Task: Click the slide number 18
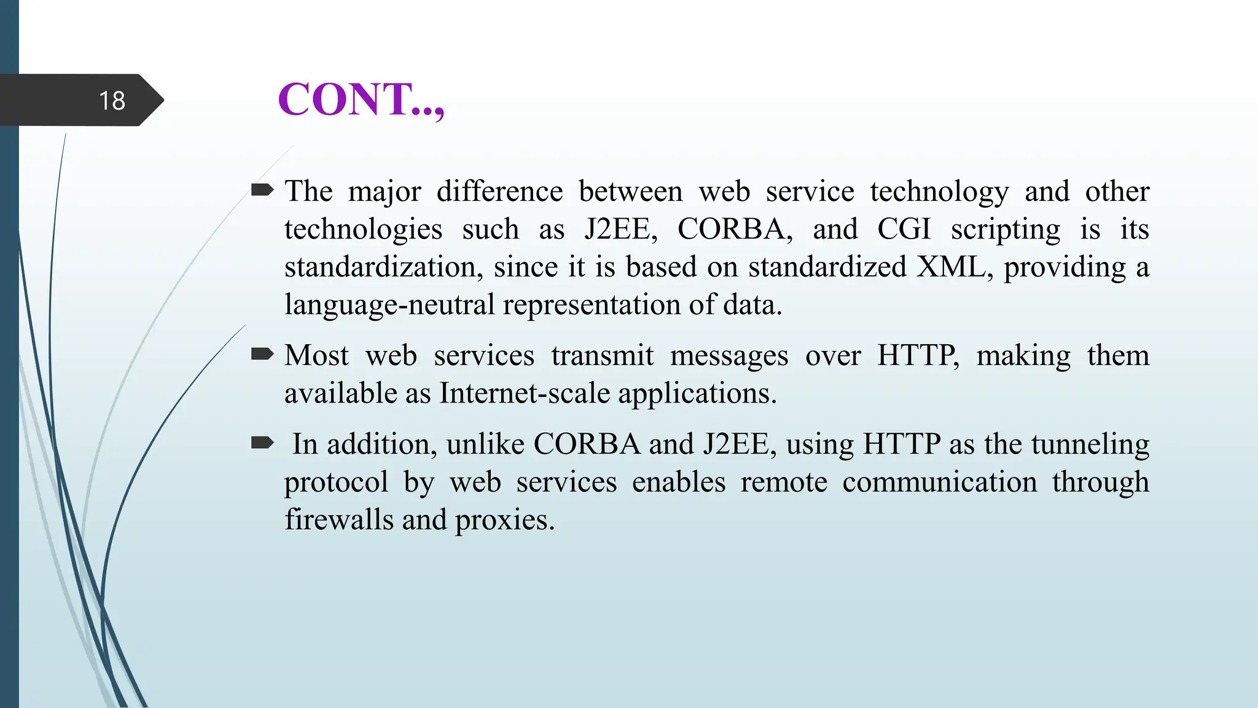coord(112,101)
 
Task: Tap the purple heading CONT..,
coord(361,100)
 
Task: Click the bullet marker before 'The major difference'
coord(262,191)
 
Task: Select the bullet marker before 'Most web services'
coord(262,354)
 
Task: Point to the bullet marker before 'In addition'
coord(262,443)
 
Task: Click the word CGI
coord(903,229)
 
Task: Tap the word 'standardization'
coord(383,267)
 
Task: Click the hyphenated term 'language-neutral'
coord(389,305)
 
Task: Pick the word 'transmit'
coord(602,356)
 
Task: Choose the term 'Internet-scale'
coord(525,393)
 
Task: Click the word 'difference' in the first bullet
coord(499,192)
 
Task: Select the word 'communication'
coord(939,482)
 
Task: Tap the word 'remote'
coord(784,482)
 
